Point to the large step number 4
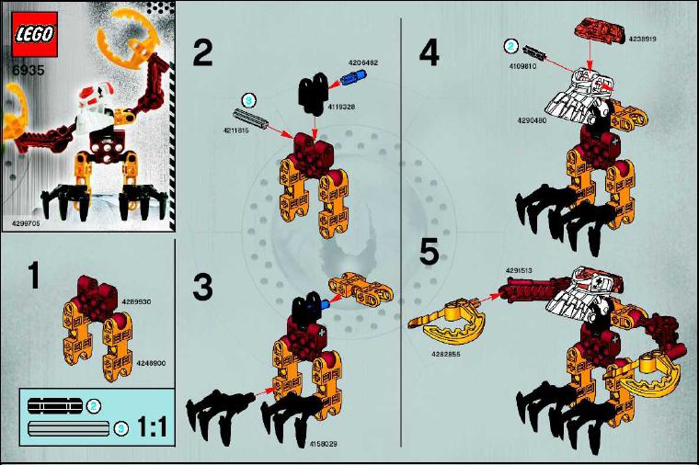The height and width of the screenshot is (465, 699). (x=429, y=52)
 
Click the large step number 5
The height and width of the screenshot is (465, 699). (x=430, y=253)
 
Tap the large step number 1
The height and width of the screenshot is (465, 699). (x=33, y=276)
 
